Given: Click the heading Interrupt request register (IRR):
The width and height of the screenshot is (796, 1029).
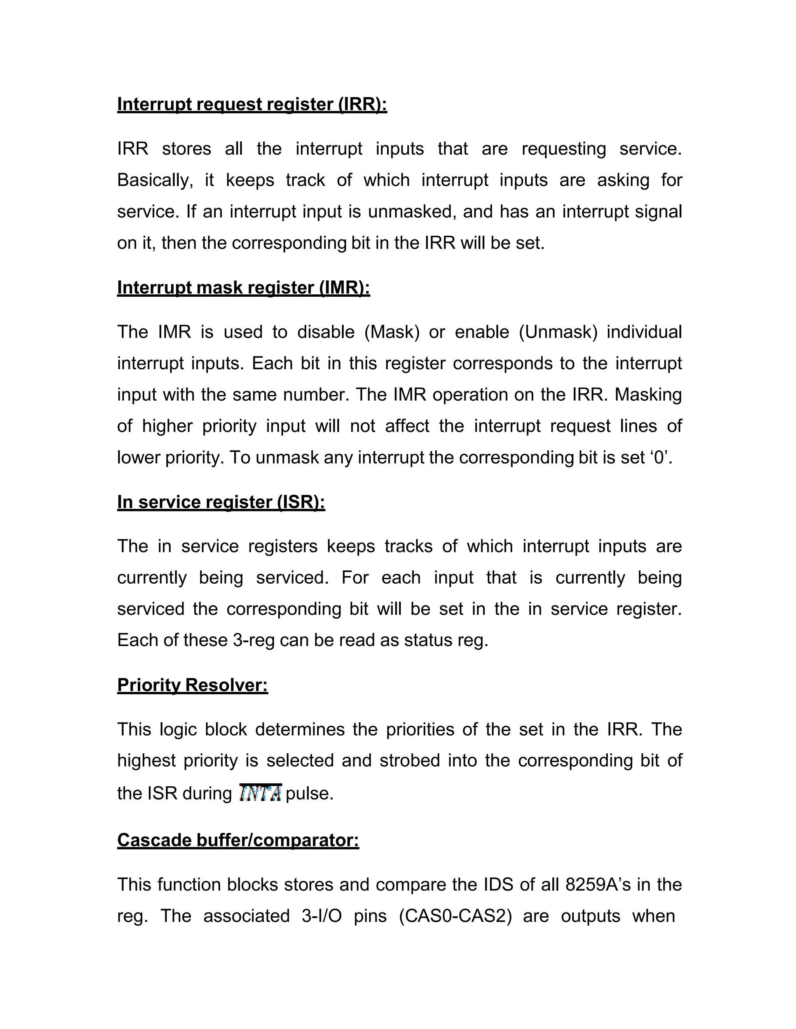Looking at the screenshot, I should coord(252,104).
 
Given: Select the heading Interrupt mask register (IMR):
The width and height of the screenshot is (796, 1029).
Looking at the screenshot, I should coord(243,287).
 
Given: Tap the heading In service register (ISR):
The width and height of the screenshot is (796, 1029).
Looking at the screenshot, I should coord(221,502).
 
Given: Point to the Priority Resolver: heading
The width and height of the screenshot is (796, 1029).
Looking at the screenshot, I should coord(192,685).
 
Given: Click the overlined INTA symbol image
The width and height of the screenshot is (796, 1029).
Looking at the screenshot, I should coord(260,793).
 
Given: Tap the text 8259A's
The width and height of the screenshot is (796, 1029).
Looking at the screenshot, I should coord(597,885).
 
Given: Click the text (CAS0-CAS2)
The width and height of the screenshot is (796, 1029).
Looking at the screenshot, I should coord(455,916).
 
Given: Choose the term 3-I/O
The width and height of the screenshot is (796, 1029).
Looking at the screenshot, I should coord(321,916).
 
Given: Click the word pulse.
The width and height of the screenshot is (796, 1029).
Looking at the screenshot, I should coord(309,793).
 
